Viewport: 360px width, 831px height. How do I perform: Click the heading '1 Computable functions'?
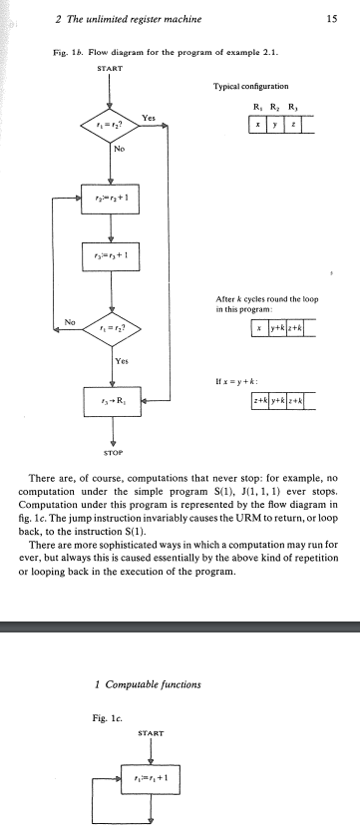(148, 684)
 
